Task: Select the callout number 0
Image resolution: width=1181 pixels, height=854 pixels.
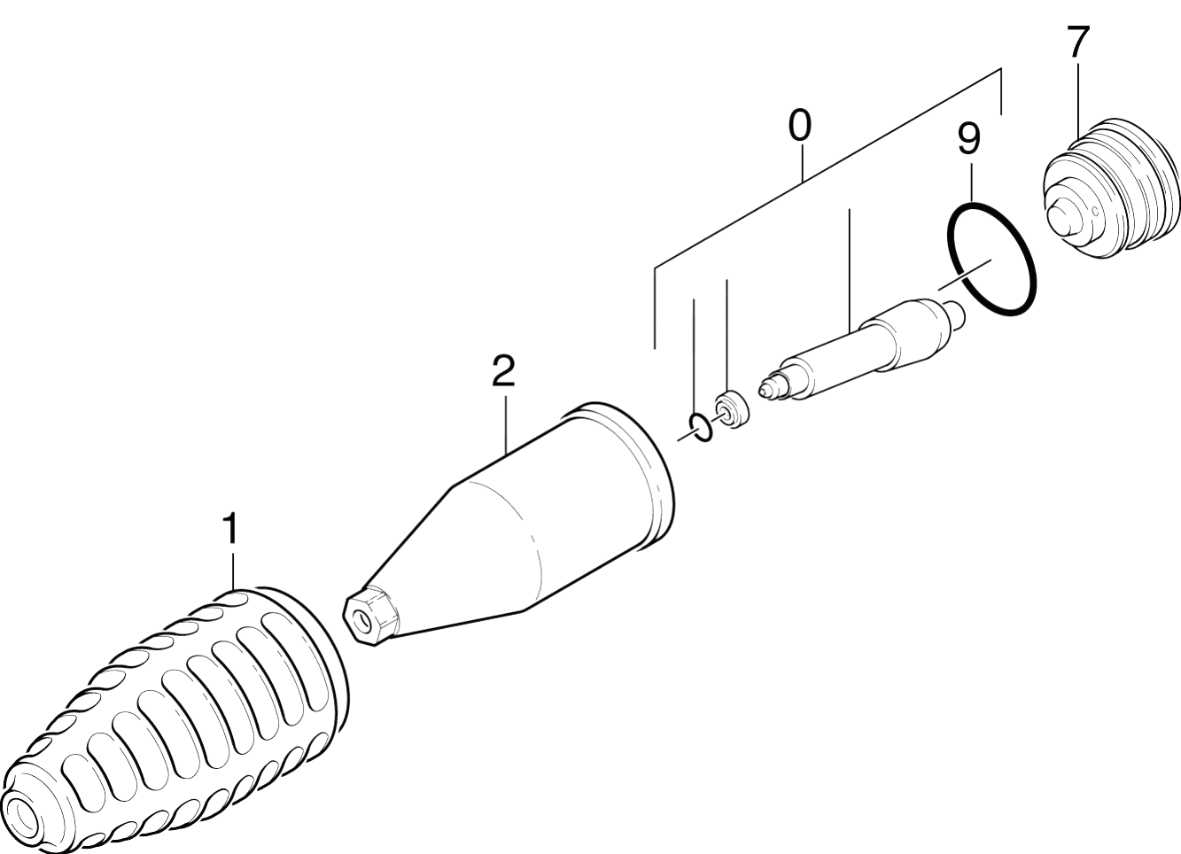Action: (799, 126)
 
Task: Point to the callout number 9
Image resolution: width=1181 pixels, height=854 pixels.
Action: (968, 139)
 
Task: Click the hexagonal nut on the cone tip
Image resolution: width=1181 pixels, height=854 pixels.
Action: (370, 615)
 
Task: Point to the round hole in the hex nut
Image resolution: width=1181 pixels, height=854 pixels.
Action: (361, 622)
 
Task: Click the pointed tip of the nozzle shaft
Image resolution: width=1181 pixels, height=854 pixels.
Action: (762, 390)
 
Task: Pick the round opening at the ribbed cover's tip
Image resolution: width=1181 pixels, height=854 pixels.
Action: (21, 821)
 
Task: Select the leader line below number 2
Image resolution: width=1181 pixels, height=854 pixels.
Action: (506, 423)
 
